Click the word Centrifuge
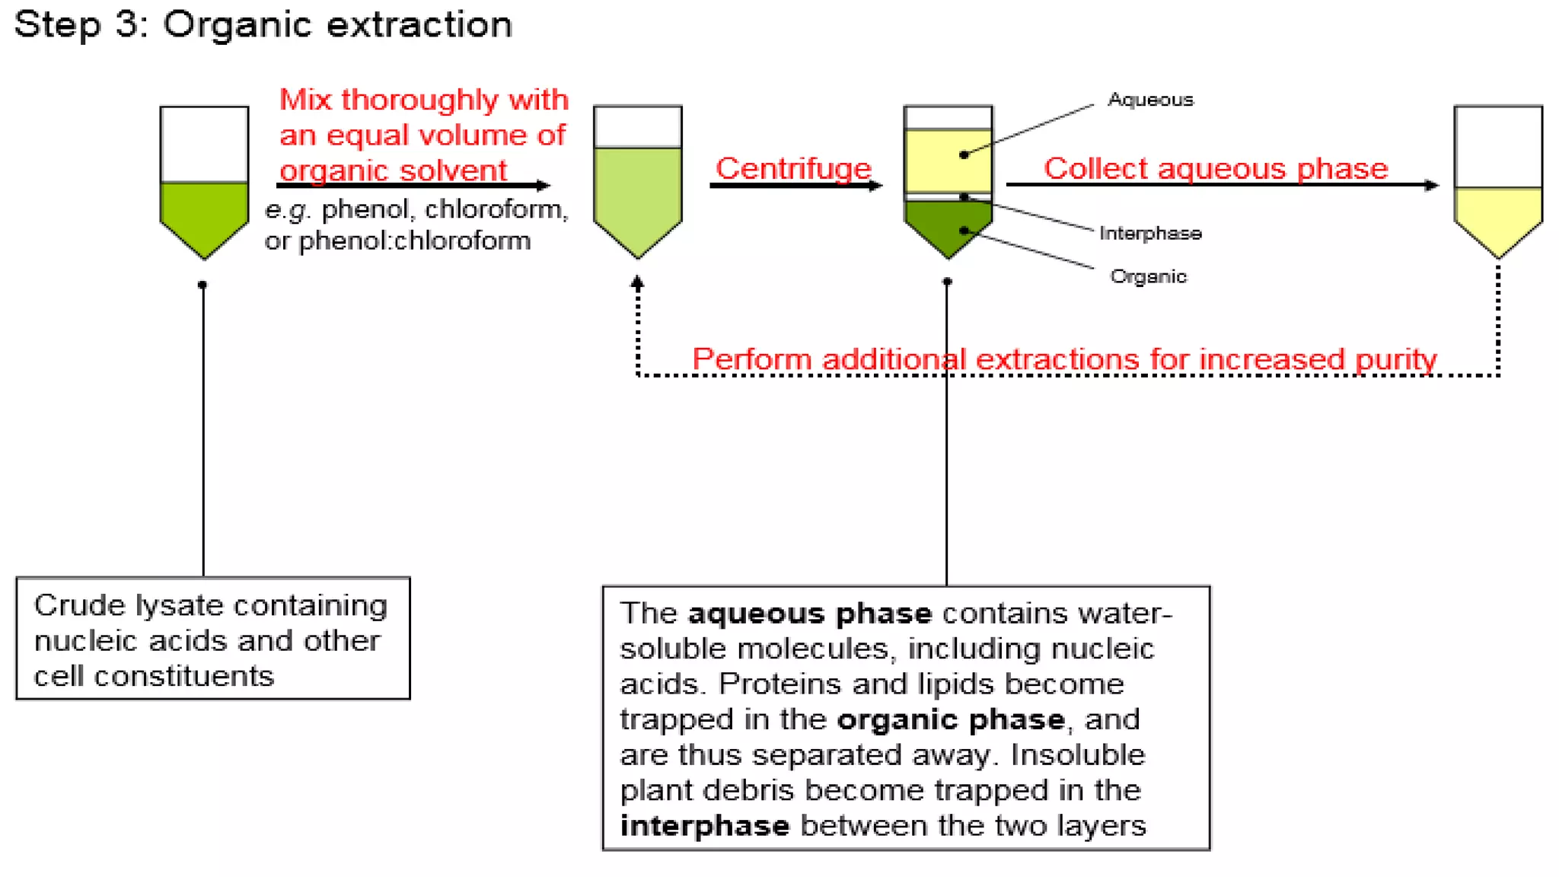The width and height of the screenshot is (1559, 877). coord(792,168)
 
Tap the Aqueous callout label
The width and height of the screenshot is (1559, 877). coord(1150,100)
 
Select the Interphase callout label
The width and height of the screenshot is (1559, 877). coord(1150,233)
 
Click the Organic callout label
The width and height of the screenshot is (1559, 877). coord(1148,276)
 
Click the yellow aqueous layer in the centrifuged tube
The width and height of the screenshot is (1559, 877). coord(947,161)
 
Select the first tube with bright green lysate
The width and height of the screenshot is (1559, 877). coord(204,183)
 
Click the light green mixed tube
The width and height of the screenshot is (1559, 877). coord(637,183)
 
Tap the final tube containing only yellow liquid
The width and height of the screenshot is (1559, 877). coord(1497,183)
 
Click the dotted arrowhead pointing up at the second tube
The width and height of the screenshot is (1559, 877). coord(637,282)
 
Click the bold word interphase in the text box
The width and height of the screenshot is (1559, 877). coord(704,826)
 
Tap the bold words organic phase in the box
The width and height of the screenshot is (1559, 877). coord(950,719)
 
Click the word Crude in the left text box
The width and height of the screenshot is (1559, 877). coord(79,605)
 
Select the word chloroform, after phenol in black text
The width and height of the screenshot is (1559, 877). coord(496,209)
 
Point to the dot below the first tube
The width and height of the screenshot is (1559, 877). coord(202,285)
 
